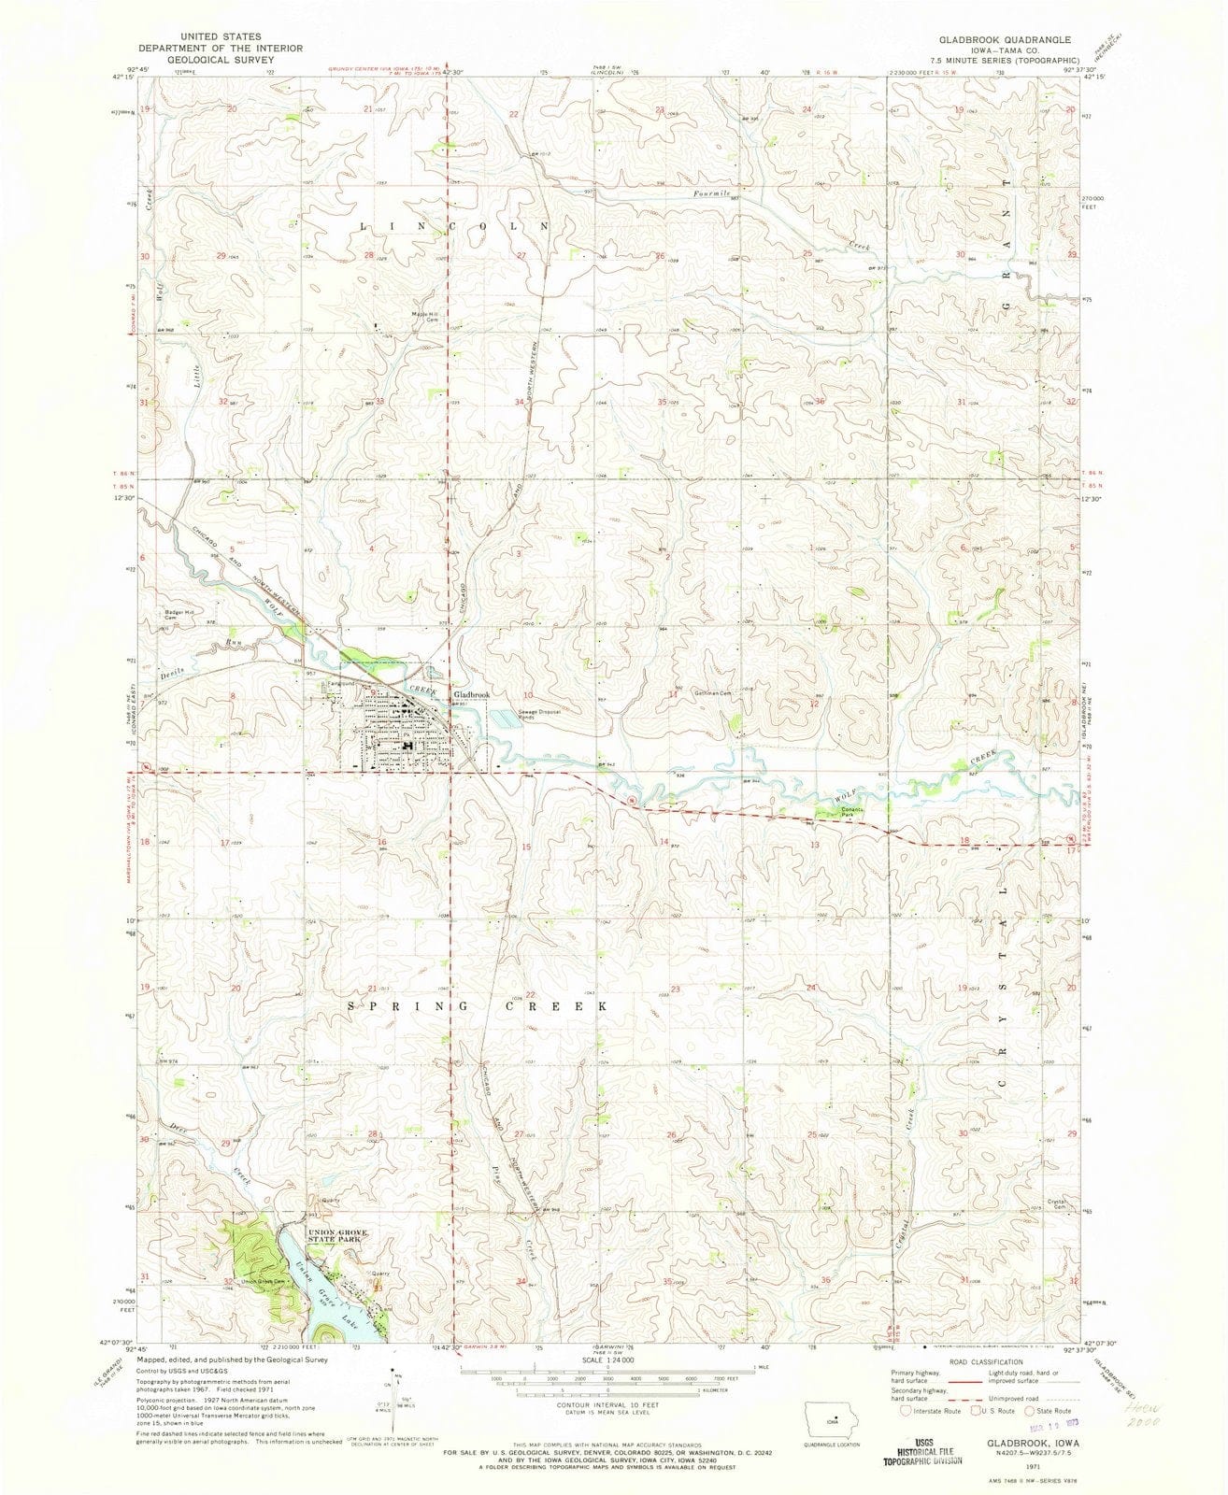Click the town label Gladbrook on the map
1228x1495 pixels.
471,695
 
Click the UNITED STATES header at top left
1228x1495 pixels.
221,32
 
